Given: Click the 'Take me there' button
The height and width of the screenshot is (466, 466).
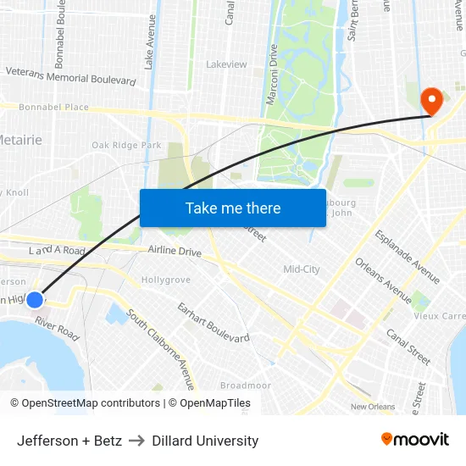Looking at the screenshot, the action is point(233,208).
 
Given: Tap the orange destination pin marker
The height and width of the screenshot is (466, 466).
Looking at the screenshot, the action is point(432,102).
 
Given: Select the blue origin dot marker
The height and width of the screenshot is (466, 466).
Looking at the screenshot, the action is point(35,299).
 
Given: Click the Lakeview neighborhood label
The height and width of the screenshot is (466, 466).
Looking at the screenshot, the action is point(226,64).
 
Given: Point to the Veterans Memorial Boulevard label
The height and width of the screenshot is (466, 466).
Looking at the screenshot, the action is point(71,76).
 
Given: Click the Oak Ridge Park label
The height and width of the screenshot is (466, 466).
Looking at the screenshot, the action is point(126,145).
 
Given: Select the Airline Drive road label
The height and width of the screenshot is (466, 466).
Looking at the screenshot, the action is point(175,252).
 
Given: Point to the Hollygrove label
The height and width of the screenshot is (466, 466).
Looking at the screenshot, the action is point(166,280).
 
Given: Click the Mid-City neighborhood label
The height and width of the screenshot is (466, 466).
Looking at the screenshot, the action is point(301,269).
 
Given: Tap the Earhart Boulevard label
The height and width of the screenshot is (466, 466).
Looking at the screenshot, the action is point(213,322).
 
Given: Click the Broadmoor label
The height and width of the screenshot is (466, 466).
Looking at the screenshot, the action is point(246,386).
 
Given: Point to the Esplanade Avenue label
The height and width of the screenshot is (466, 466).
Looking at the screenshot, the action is point(408,256).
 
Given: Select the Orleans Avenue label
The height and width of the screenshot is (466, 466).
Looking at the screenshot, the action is point(383,280).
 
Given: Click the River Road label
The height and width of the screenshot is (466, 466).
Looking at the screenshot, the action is point(58,330).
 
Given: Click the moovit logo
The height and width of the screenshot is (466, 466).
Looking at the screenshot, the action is point(415,440).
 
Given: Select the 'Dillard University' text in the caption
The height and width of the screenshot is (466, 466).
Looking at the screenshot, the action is point(205,441).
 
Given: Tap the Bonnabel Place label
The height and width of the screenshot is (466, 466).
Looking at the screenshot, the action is point(54,108).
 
